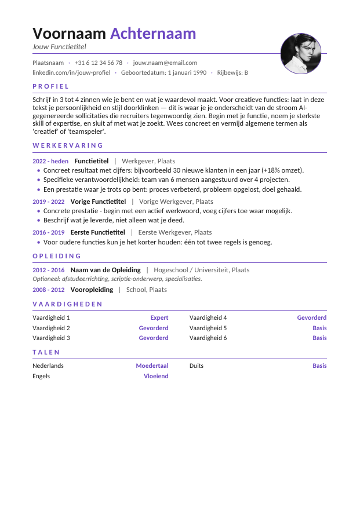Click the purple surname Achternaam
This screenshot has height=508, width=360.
pyautogui.click(x=153, y=34)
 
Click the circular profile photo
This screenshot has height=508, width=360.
pyautogui.click(x=300, y=54)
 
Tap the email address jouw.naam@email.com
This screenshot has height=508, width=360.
pyautogui.click(x=165, y=63)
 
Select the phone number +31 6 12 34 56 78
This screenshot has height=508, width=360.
pyautogui.click(x=98, y=63)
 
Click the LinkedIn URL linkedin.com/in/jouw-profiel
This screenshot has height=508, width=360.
pyautogui.click(x=71, y=73)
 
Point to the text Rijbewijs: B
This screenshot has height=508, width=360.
pyautogui.click(x=232, y=73)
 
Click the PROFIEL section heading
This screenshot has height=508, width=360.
pyautogui.click(x=51, y=86)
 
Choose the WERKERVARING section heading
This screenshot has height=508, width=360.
pyautogui.click(x=68, y=145)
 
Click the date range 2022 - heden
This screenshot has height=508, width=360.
pyautogui.click(x=50, y=161)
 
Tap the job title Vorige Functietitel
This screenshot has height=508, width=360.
pyautogui.click(x=98, y=202)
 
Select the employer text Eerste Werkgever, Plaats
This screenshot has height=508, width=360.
pyautogui.click(x=175, y=232)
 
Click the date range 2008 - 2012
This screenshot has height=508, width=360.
pyautogui.click(x=49, y=290)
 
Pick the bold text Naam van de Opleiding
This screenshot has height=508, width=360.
pyautogui.click(x=106, y=270)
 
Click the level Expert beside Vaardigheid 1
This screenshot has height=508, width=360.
pyautogui.click(x=159, y=317)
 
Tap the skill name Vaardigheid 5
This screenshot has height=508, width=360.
pyautogui.click(x=208, y=328)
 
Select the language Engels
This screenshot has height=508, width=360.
pyautogui.click(x=41, y=376)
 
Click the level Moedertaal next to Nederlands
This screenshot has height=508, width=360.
pyautogui.click(x=152, y=366)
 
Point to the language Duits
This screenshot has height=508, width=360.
pyautogui.click(x=197, y=366)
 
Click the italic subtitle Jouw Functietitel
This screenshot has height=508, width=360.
pyautogui.click(x=59, y=47)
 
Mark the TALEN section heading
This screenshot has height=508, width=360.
pyautogui.click(x=46, y=352)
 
